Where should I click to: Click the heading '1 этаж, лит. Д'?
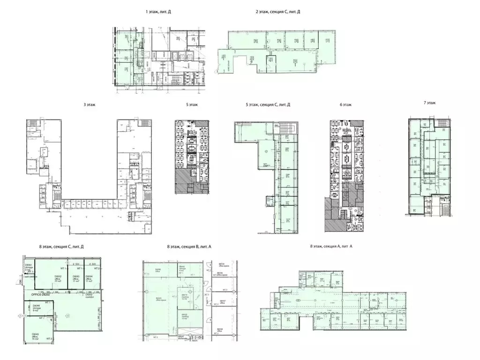(x=158, y=12)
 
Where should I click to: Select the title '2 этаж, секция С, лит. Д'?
(x=277, y=12)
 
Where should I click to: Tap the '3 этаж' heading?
(x=89, y=105)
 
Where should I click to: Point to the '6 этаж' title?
(x=346, y=105)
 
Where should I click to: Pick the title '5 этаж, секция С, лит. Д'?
(x=268, y=105)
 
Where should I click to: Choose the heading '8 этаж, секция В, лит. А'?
(x=189, y=247)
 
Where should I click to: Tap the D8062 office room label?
(x=58, y=279)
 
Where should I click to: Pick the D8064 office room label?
(x=89, y=279)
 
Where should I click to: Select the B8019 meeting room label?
(x=185, y=297)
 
